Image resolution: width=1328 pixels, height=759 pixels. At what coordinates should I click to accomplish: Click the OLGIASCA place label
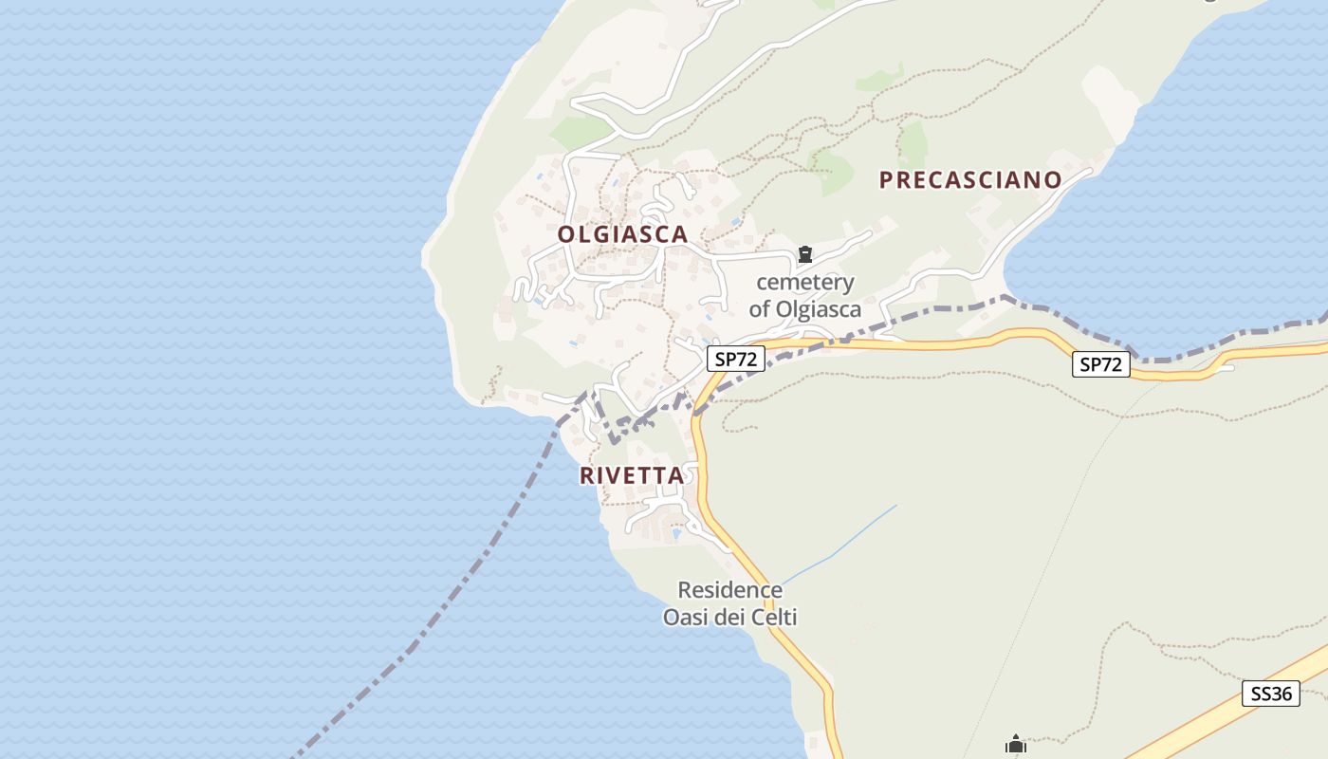click(622, 234)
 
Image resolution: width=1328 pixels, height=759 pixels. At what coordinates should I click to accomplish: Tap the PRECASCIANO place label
click(970, 180)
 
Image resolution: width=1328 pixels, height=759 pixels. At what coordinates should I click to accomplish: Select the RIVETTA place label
click(632, 475)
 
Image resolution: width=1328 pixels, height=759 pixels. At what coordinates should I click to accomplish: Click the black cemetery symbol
click(805, 254)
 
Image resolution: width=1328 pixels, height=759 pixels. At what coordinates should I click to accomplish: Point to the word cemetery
click(805, 283)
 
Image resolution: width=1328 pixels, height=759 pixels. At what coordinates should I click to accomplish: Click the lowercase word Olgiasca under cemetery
click(819, 309)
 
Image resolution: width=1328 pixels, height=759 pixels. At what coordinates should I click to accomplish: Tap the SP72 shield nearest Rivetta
click(735, 359)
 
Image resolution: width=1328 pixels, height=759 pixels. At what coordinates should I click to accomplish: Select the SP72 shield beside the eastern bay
click(1101, 364)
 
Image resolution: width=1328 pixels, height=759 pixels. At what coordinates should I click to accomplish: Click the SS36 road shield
click(1271, 694)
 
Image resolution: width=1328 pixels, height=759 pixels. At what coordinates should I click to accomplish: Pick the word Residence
click(730, 590)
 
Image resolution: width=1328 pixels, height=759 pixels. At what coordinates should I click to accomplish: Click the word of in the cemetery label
click(759, 309)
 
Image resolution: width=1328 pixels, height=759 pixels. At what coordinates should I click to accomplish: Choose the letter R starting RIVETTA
click(587, 475)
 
